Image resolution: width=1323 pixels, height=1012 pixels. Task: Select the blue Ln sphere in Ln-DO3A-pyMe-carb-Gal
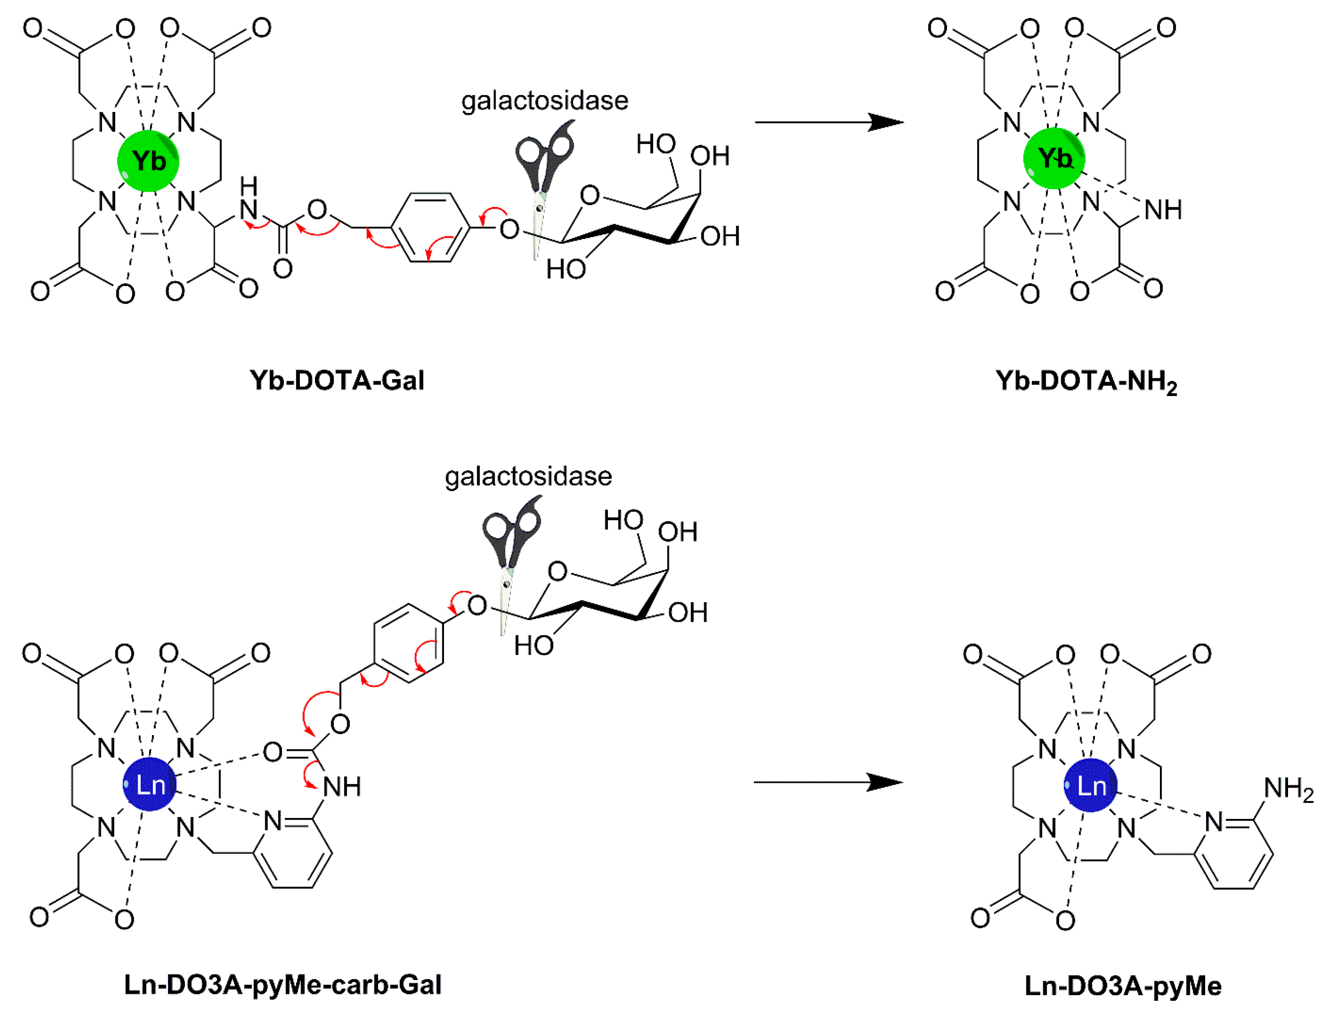(149, 784)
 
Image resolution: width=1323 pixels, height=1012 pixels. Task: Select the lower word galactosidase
(528, 477)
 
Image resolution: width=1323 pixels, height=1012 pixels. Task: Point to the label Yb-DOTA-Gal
(337, 381)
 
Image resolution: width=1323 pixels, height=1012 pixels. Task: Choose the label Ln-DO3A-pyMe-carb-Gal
(283, 985)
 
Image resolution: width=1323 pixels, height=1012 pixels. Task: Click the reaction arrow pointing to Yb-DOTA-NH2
(829, 122)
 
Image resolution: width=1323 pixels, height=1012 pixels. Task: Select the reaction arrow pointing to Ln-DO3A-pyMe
(828, 783)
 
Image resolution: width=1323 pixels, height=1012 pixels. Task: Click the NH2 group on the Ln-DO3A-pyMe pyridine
(1288, 789)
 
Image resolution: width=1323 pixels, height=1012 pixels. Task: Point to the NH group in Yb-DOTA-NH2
(1163, 210)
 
